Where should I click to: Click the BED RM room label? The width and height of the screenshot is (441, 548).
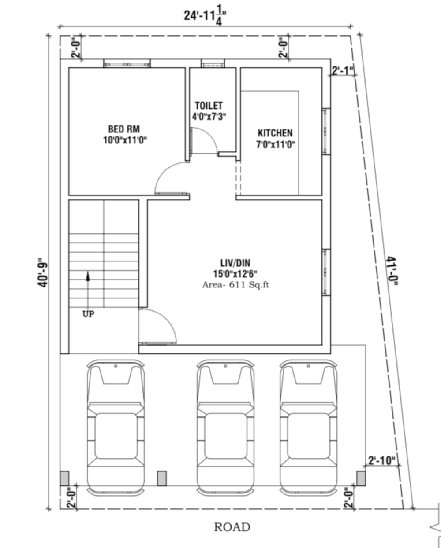pos(124,129)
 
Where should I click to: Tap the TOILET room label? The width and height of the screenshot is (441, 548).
pos(209,106)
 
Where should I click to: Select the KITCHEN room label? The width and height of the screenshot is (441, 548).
pos(275,133)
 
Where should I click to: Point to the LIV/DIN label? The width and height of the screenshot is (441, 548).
pos(235,263)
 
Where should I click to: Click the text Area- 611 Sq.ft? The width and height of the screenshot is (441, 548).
pos(235,285)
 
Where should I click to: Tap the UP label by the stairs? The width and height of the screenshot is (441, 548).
pos(88,314)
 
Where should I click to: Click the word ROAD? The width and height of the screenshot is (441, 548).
pos(232,527)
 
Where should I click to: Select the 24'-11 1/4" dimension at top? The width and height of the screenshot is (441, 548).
pos(205,16)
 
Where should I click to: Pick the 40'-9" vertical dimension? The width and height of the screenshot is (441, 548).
pos(43,273)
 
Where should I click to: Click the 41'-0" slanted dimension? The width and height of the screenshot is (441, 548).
pos(392,271)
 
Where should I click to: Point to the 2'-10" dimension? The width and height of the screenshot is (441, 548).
pos(382,460)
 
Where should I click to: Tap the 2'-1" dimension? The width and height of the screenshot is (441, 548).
pos(343,70)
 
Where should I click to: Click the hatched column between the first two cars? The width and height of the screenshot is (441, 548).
pos(162,478)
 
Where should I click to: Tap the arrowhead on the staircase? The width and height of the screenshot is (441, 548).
pos(88,276)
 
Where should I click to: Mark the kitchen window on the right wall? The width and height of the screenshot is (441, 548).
pos(326,132)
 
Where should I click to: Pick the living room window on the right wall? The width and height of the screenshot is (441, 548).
pos(326,272)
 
